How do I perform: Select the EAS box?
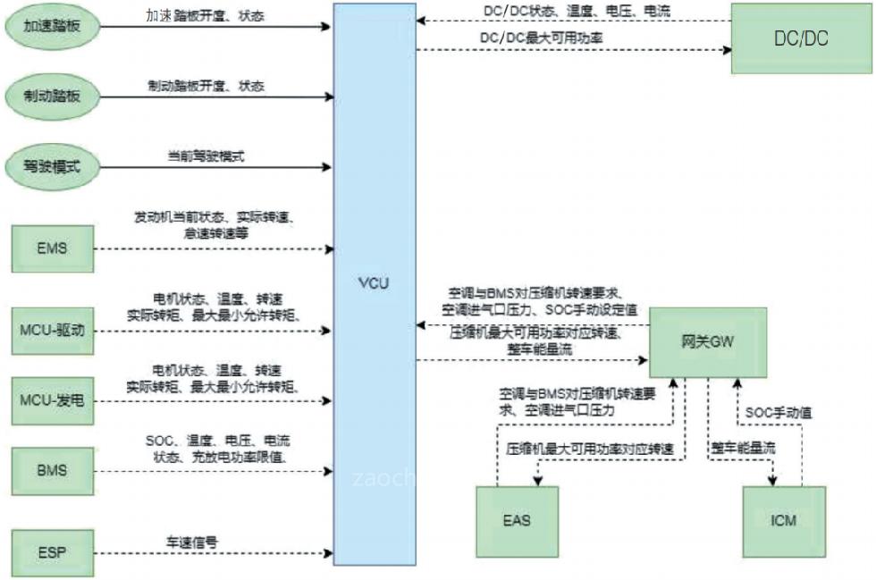point(517,520)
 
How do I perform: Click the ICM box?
point(784,520)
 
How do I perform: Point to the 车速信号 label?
point(192,542)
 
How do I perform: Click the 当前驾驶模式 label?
point(206,156)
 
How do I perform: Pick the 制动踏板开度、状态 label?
point(206,86)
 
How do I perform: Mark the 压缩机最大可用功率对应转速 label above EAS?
point(589,447)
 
